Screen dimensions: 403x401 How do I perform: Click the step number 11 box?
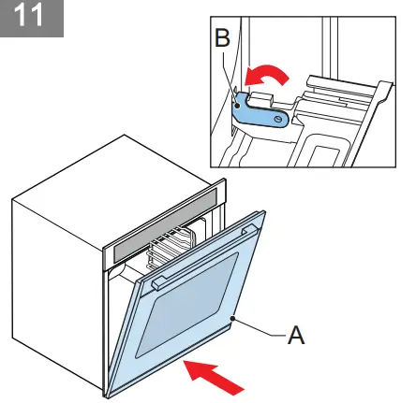pyautogui.click(x=33, y=18)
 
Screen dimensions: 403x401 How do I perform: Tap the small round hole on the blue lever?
pyautogui.click(x=277, y=119)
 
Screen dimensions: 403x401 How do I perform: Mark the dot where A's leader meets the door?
pyautogui.click(x=239, y=321)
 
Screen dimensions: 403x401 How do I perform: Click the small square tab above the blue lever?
pyautogui.click(x=261, y=93)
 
